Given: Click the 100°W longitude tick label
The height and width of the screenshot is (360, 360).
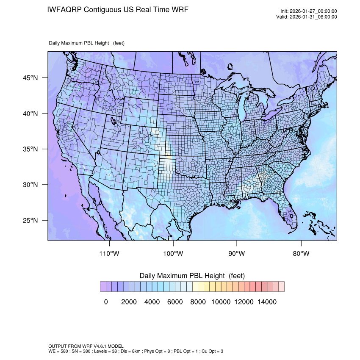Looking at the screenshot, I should [173, 254].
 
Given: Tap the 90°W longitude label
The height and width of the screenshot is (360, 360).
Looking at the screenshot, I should [237, 254].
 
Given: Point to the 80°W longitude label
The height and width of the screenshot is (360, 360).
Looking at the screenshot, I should [301, 254].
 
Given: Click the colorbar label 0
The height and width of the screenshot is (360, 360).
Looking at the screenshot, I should [106, 302].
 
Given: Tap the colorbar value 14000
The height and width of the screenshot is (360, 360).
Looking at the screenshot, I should [267, 302].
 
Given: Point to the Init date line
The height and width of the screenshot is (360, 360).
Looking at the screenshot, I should [309, 11].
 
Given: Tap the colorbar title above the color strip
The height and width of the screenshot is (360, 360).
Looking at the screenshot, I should [192, 276].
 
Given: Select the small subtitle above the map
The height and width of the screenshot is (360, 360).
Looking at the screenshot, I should [86, 43].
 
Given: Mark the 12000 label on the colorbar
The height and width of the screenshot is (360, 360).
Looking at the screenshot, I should [244, 302].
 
